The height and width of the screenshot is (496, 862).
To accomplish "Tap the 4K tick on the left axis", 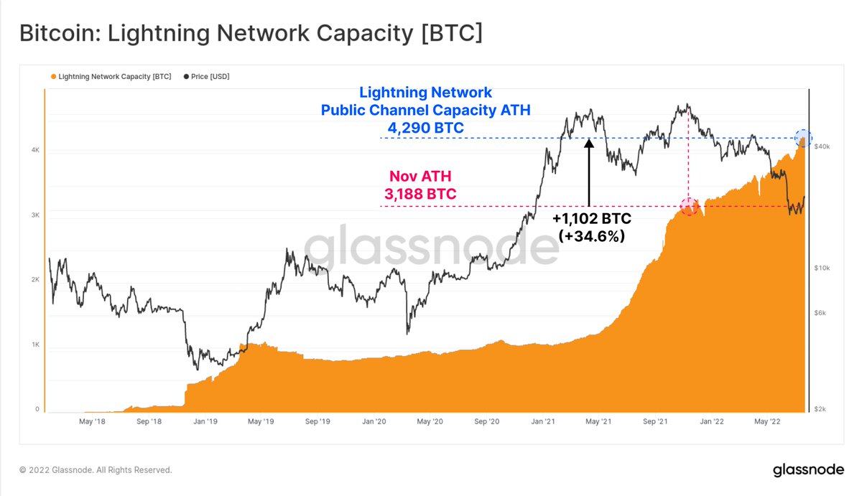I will point(34,150).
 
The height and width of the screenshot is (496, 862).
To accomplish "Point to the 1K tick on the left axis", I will point(34,345).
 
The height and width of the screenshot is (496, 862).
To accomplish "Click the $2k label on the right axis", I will point(820,409).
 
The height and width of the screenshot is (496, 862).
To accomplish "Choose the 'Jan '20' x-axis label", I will point(375,422).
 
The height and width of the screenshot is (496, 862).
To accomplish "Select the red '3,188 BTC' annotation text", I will point(421,194).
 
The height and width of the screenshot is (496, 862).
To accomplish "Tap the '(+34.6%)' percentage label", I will point(591,235).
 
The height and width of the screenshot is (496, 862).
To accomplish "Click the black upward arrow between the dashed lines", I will point(588,172).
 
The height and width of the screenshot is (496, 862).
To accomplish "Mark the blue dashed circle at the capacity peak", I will point(803,137).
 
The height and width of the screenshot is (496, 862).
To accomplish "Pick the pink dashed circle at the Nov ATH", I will point(689,207).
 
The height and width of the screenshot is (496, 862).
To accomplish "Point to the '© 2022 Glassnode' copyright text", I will point(96,470).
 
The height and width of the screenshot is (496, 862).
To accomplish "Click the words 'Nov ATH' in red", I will point(420,177).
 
